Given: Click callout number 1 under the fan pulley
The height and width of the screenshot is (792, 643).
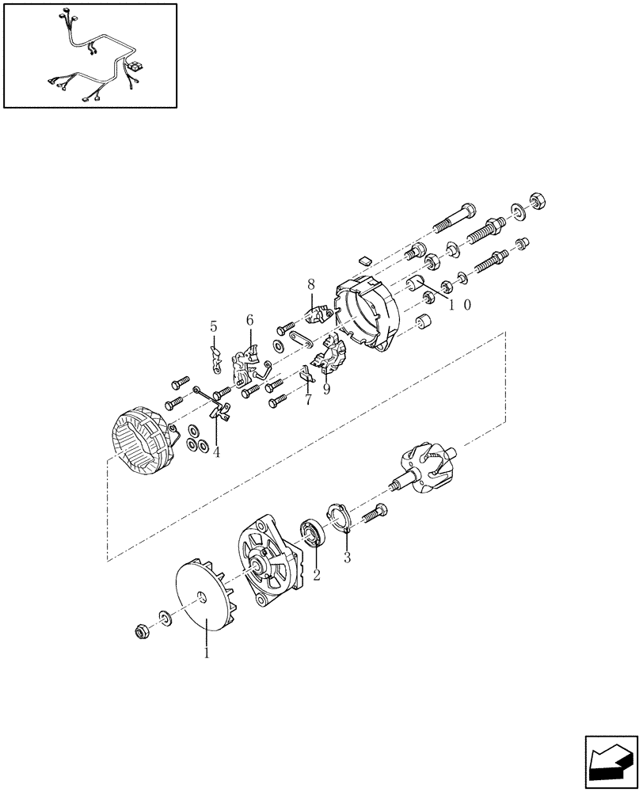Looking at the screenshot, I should point(207,653).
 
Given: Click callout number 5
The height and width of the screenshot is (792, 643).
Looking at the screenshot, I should point(213,326).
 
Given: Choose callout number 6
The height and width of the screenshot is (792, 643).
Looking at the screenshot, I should point(250,320).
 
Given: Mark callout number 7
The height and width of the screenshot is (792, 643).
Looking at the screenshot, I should point(307,401).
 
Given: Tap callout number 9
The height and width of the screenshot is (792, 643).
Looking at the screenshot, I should point(325,389).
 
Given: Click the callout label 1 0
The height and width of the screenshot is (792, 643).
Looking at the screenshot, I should point(459,305).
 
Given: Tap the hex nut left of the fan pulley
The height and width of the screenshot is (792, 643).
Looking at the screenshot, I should point(142,631).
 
